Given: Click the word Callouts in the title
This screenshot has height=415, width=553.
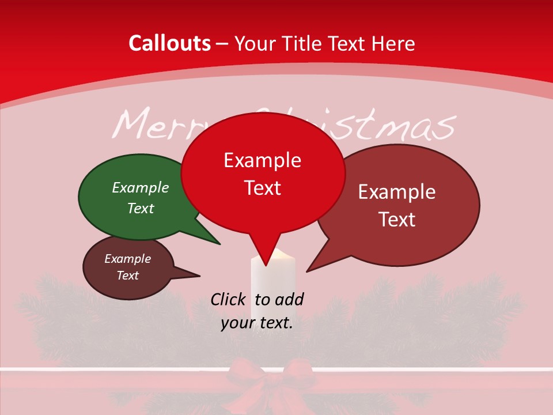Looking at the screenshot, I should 169,43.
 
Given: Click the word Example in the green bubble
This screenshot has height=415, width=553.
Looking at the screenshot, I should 141,187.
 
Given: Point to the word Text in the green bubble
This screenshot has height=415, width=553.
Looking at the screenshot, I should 141,208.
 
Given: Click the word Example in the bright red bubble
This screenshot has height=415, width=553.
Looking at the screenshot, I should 262,160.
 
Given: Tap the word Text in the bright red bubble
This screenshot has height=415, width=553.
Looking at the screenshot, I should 262,188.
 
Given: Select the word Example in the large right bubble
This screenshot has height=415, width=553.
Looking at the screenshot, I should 397,192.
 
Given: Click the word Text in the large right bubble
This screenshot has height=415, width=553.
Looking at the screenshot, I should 397,219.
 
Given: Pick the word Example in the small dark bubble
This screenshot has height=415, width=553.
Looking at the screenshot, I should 127,259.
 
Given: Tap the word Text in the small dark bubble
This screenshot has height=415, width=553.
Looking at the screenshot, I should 127,276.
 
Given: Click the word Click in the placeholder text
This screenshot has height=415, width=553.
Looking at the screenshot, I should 228,299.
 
